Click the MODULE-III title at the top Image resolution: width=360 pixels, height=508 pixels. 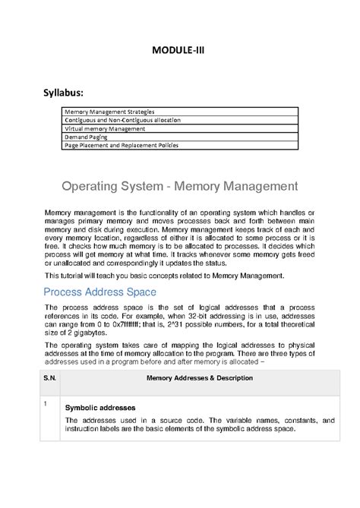180,51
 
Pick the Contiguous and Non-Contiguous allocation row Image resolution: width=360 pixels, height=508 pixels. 122,121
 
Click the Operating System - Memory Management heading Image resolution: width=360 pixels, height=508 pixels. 179,186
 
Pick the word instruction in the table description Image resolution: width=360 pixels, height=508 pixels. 84,429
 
